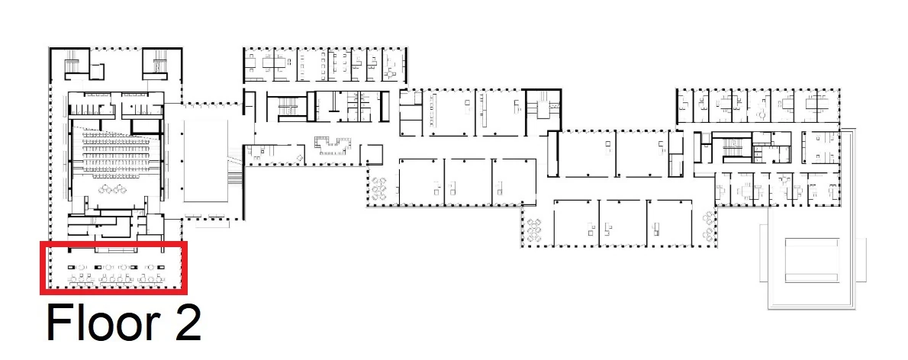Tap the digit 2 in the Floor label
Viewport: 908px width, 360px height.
click(x=186, y=323)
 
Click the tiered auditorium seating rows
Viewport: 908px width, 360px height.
click(x=119, y=153)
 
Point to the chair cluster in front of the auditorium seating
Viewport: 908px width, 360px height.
click(x=112, y=188)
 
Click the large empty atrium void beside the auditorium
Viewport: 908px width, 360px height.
click(x=205, y=161)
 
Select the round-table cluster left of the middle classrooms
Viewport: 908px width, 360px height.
click(x=379, y=188)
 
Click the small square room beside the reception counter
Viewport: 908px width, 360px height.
click(x=371, y=154)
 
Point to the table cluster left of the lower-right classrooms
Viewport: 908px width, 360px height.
click(x=534, y=230)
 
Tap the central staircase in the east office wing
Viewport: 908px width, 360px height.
click(x=733, y=149)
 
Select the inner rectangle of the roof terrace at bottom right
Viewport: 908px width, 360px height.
click(x=811, y=259)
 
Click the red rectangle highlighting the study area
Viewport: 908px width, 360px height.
click(x=114, y=243)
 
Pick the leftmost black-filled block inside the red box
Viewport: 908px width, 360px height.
click(x=72, y=267)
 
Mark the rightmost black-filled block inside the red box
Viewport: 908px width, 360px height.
click(x=162, y=267)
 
